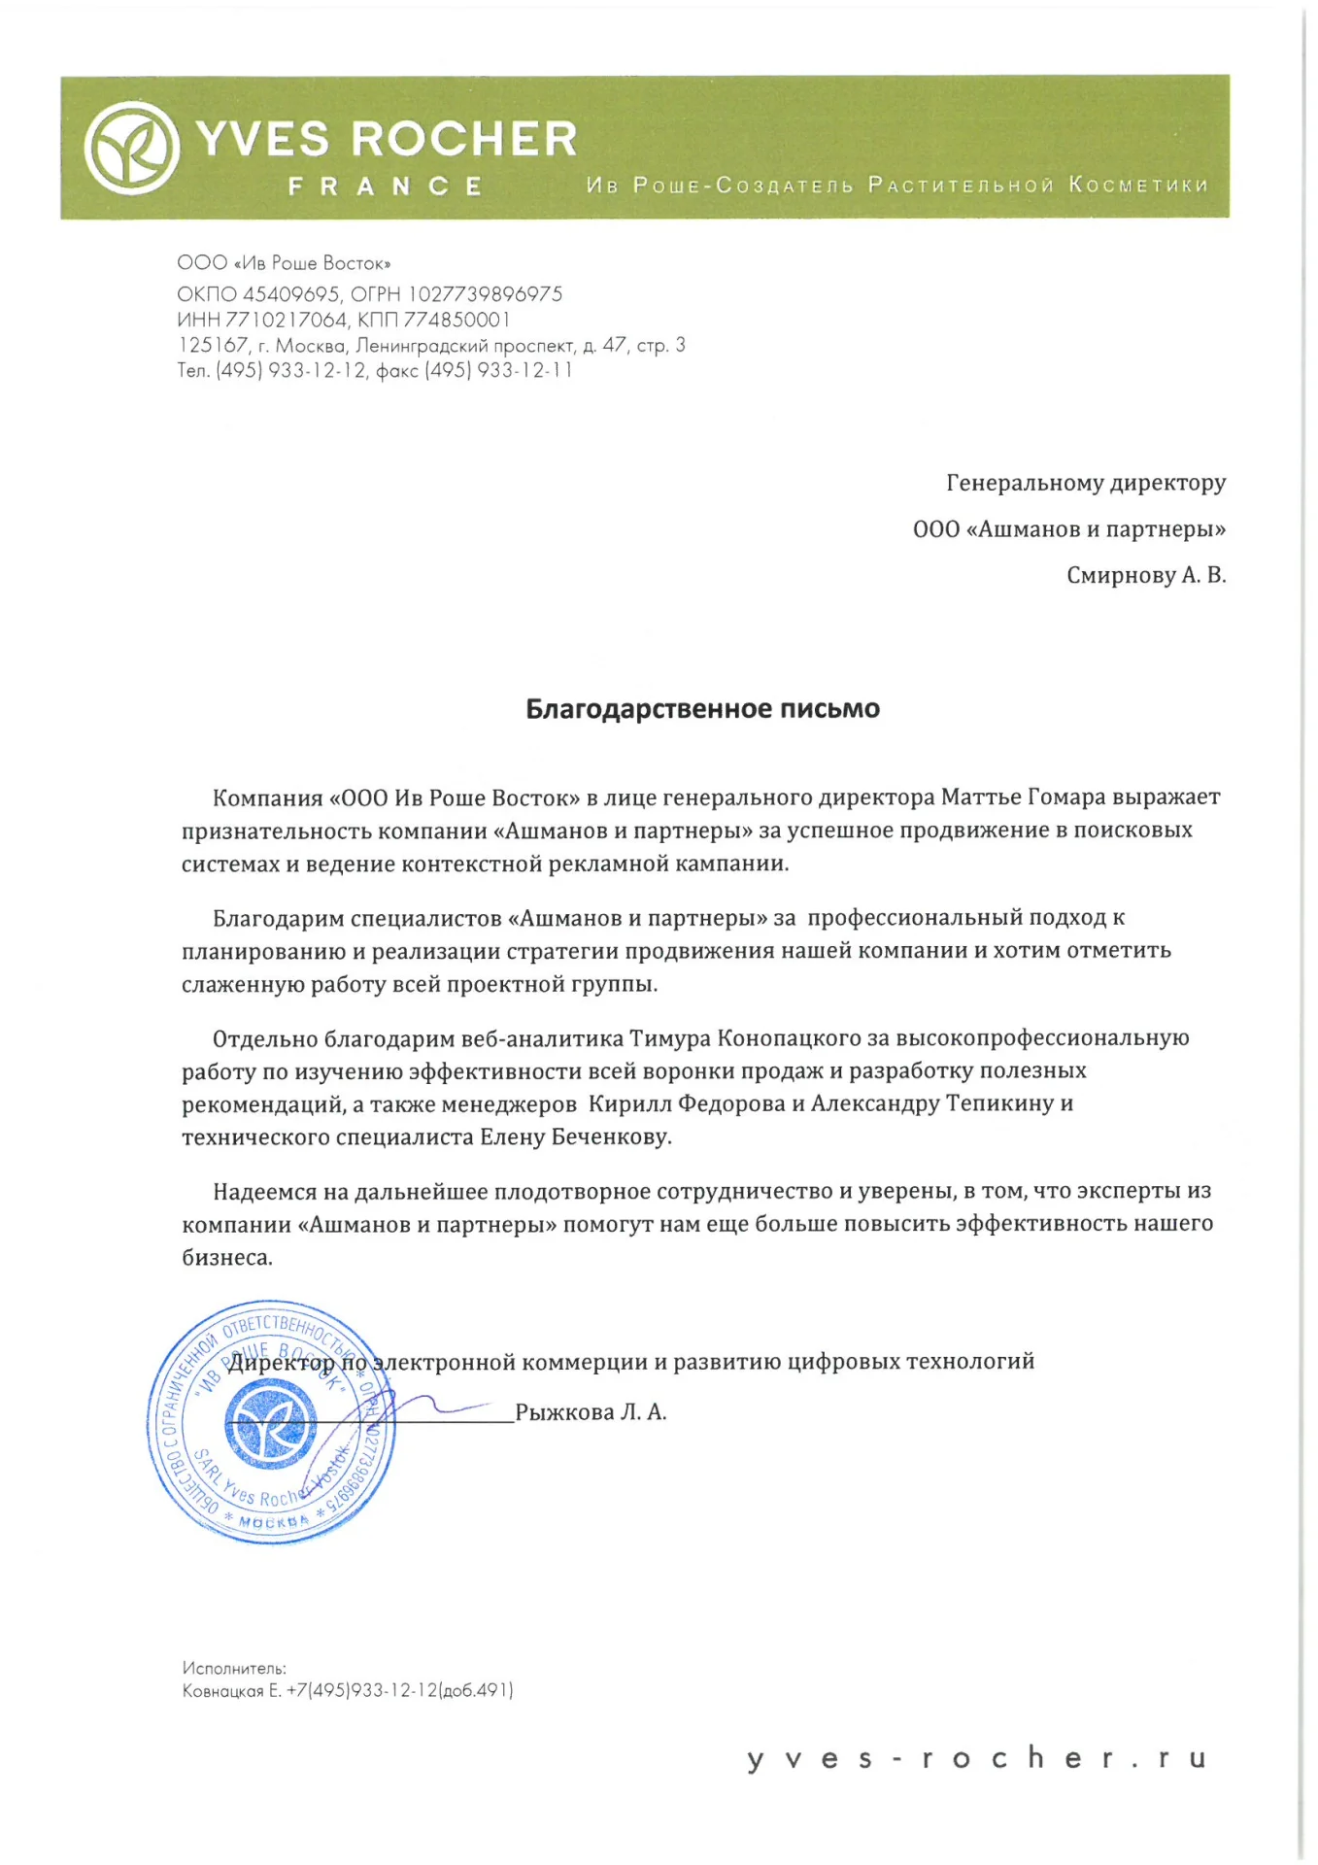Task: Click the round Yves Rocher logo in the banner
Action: pos(132,149)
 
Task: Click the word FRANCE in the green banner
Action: pos(386,186)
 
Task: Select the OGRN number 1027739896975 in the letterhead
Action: pos(485,294)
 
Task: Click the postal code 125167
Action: pos(213,345)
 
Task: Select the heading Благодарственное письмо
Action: pos(702,709)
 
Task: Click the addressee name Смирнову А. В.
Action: pos(1146,575)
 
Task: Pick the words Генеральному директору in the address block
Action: pos(1086,483)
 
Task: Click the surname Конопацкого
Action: pos(789,1038)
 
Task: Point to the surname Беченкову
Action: pos(611,1137)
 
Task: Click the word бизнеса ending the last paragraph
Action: pos(227,1258)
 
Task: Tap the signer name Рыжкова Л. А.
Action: pos(591,1412)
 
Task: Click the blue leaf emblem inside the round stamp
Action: pos(270,1426)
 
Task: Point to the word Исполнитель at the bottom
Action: pos(234,1668)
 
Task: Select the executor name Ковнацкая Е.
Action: pos(231,1691)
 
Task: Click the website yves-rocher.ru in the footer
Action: pos(976,1758)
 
